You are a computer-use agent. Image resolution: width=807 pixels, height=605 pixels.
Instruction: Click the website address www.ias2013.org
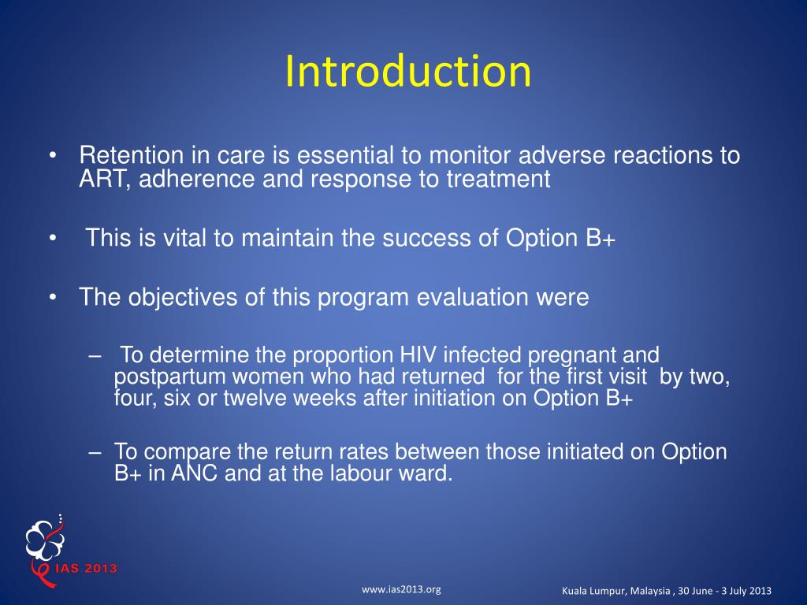[401, 589]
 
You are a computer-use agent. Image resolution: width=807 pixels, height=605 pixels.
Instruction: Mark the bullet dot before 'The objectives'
[52, 299]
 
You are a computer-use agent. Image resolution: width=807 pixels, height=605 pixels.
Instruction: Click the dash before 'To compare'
[96, 452]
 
